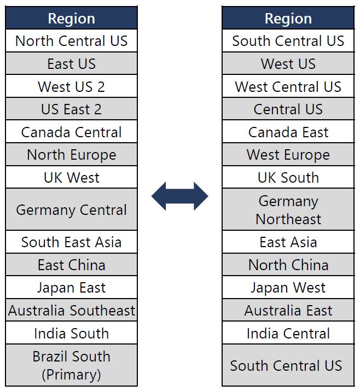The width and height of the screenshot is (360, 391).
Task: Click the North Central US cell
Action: pos(71,40)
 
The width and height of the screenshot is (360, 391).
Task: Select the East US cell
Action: pos(71,63)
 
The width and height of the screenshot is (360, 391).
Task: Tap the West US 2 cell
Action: pos(71,86)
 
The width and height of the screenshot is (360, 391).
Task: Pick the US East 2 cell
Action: pos(71,109)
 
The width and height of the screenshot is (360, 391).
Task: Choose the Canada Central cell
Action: pos(71,132)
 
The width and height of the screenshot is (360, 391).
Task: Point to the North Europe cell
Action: pos(71,154)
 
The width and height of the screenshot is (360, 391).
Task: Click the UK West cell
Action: pos(71,177)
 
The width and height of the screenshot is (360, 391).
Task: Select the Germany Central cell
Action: pos(71,209)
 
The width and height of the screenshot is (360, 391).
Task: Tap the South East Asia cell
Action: pos(71,242)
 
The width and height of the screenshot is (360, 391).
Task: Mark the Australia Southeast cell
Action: pos(71,310)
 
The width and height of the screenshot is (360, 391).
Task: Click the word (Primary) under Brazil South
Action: pos(71,374)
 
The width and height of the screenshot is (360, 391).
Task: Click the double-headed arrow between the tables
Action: pos(179,196)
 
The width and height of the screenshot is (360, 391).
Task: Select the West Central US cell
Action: pos(288,86)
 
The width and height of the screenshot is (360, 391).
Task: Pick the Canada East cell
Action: pos(288,132)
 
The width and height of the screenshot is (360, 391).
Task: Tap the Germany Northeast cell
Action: pos(288,209)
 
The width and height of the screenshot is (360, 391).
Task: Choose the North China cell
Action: pos(288,265)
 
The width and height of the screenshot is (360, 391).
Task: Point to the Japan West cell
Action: pos(288,287)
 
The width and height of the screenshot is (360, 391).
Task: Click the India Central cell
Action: pos(288,333)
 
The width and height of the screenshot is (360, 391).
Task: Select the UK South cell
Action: pos(288,177)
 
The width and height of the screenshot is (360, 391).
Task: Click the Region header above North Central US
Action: pos(71,18)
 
